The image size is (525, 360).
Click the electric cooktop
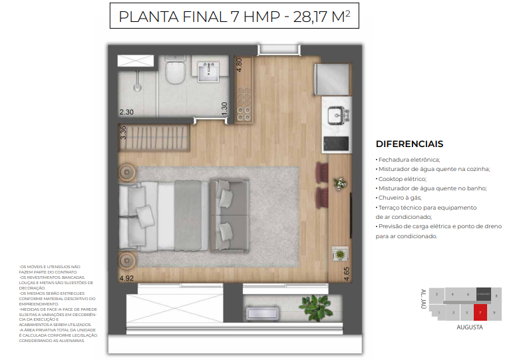(336, 143)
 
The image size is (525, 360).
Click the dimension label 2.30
(126, 112)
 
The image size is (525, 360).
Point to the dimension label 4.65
(346, 273)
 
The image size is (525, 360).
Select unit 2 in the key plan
(437, 294)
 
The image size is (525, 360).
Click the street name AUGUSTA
(469, 327)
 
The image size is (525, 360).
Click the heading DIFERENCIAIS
(409, 144)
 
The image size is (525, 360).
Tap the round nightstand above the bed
(126, 172)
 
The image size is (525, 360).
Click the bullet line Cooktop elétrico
(402, 179)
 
